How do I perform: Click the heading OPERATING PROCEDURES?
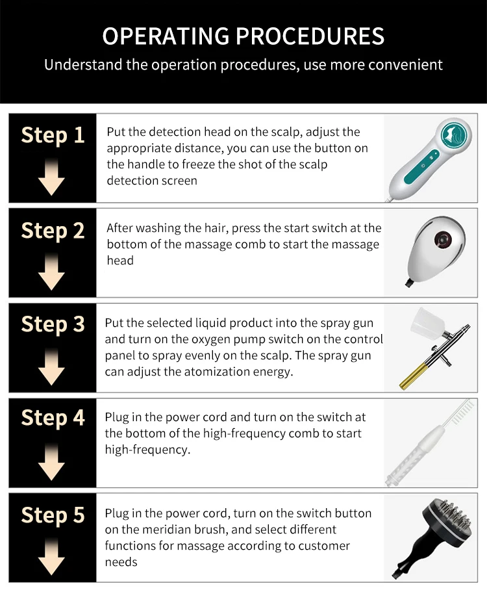coord(243,36)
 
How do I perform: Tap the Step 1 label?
coord(53,135)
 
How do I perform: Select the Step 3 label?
coord(53,324)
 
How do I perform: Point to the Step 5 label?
coord(53,515)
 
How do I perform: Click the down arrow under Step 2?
coord(51,272)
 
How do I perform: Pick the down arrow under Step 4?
coord(51,461)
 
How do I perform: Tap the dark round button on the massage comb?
coord(443,238)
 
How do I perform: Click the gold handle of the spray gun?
coord(412,376)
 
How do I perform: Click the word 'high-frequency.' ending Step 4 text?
coord(147,450)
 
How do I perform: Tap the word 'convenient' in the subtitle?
coord(405,65)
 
